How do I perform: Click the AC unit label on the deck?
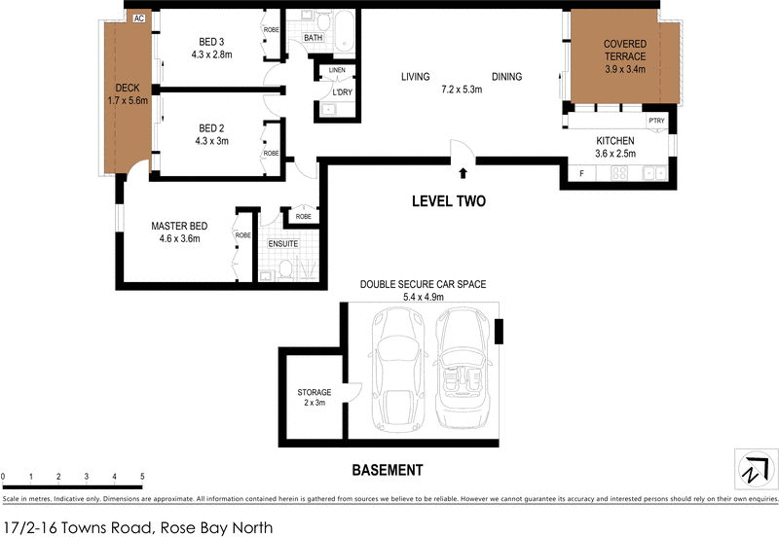tap(138, 18)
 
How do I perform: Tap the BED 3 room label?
tap(211, 42)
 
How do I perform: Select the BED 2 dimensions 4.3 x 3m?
tap(211, 141)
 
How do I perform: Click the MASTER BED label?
tap(175, 227)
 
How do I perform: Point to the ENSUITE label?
tap(284, 242)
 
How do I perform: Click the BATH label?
tap(313, 38)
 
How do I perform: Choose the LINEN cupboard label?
tap(337, 71)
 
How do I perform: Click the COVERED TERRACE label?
tap(624, 50)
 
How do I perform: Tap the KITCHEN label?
tap(615, 141)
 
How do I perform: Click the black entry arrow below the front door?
tap(463, 174)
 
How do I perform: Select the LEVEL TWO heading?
tap(447, 201)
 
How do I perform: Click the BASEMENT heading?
tap(387, 470)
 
